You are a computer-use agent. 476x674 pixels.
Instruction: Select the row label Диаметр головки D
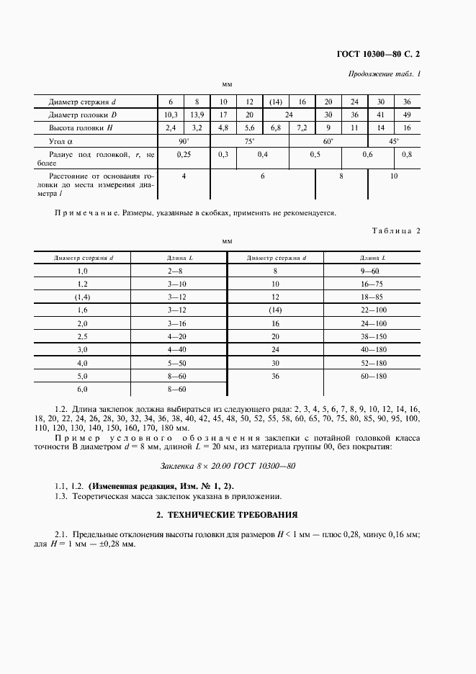[83, 114]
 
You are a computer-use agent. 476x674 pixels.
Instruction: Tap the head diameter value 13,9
[197, 114]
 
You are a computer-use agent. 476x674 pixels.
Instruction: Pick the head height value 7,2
[302, 127]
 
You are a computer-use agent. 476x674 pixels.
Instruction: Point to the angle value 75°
[249, 141]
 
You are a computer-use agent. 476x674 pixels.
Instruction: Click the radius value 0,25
[184, 155]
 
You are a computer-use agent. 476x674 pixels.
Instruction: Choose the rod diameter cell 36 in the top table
[407, 102]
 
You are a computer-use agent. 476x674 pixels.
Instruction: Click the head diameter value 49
[407, 114]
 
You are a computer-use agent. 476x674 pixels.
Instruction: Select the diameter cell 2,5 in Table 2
[81, 336]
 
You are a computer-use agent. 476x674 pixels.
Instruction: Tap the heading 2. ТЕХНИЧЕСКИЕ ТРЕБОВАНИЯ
[228, 516]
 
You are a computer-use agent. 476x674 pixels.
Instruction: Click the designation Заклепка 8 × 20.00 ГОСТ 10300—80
[228, 466]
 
